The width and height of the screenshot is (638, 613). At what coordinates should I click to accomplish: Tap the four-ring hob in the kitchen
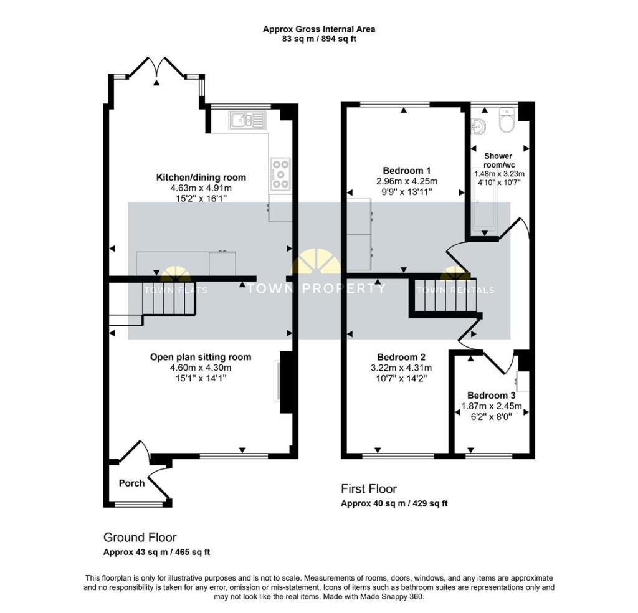pos(281,174)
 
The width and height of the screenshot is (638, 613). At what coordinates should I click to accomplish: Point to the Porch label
pos(131,483)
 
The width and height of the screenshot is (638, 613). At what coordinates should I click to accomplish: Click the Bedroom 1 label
pos(406,170)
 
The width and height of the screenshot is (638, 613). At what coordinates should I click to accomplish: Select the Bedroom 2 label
pos(401,357)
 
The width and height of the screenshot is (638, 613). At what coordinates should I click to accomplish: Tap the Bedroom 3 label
pos(491,395)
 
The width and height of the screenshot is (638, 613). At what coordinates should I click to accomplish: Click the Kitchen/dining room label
pos(201,177)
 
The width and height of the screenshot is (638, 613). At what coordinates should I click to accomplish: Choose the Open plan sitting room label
pos(201,357)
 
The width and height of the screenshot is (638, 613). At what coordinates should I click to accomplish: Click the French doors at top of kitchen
pos(158,67)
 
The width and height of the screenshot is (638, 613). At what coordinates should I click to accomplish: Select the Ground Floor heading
pos(140,537)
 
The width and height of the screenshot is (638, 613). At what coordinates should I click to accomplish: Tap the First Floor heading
pos(368,489)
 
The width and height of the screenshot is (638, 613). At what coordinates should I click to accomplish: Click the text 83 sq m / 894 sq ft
pos(318,39)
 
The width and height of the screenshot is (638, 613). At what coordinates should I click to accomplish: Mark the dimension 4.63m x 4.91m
pos(201,188)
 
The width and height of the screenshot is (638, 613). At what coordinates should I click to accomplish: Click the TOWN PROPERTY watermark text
pos(315,288)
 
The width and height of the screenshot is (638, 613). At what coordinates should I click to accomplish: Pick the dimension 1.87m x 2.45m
pos(491,406)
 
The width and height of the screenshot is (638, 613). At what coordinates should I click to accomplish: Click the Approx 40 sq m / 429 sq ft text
pos(394,503)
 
